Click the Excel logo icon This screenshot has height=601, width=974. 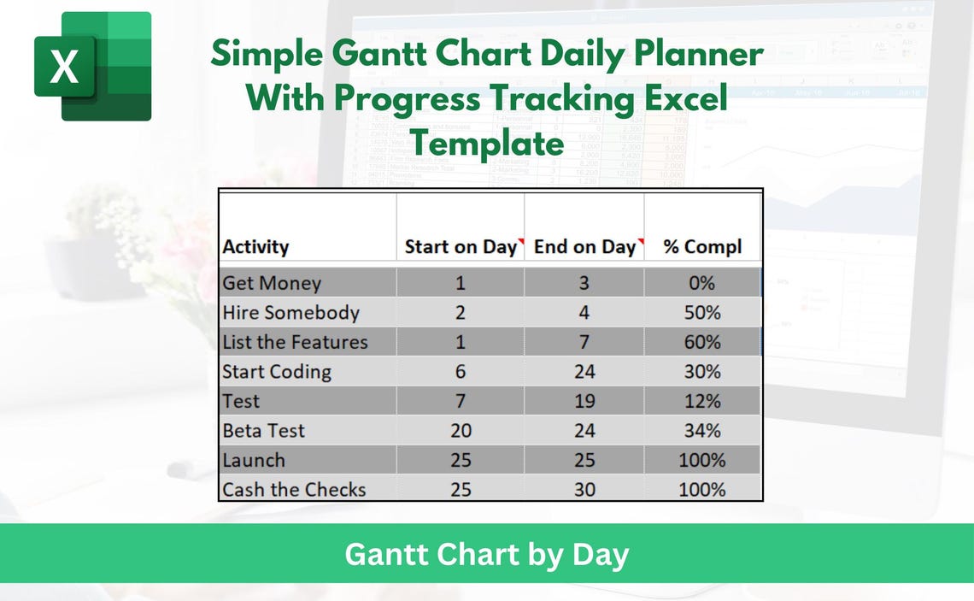[92, 66]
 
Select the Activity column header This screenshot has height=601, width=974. [255, 247]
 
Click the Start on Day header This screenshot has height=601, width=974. [460, 247]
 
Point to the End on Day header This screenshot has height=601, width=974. [584, 247]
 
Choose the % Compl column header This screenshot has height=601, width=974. [702, 247]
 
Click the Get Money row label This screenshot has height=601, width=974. [272, 283]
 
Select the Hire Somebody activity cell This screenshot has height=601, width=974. [290, 313]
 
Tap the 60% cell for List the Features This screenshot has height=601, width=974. [702, 342]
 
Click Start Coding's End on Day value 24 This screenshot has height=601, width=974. [584, 372]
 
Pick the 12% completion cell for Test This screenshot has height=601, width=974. [702, 401]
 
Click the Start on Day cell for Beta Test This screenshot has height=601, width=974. [460, 431]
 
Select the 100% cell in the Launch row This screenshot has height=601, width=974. [702, 460]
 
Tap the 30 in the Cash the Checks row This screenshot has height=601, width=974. [584, 490]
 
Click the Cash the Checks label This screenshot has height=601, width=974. [294, 490]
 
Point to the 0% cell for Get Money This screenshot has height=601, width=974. [702, 283]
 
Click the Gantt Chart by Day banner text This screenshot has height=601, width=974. [486, 555]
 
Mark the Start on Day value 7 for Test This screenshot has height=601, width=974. [460, 401]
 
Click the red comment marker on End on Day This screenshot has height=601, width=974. [640, 242]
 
